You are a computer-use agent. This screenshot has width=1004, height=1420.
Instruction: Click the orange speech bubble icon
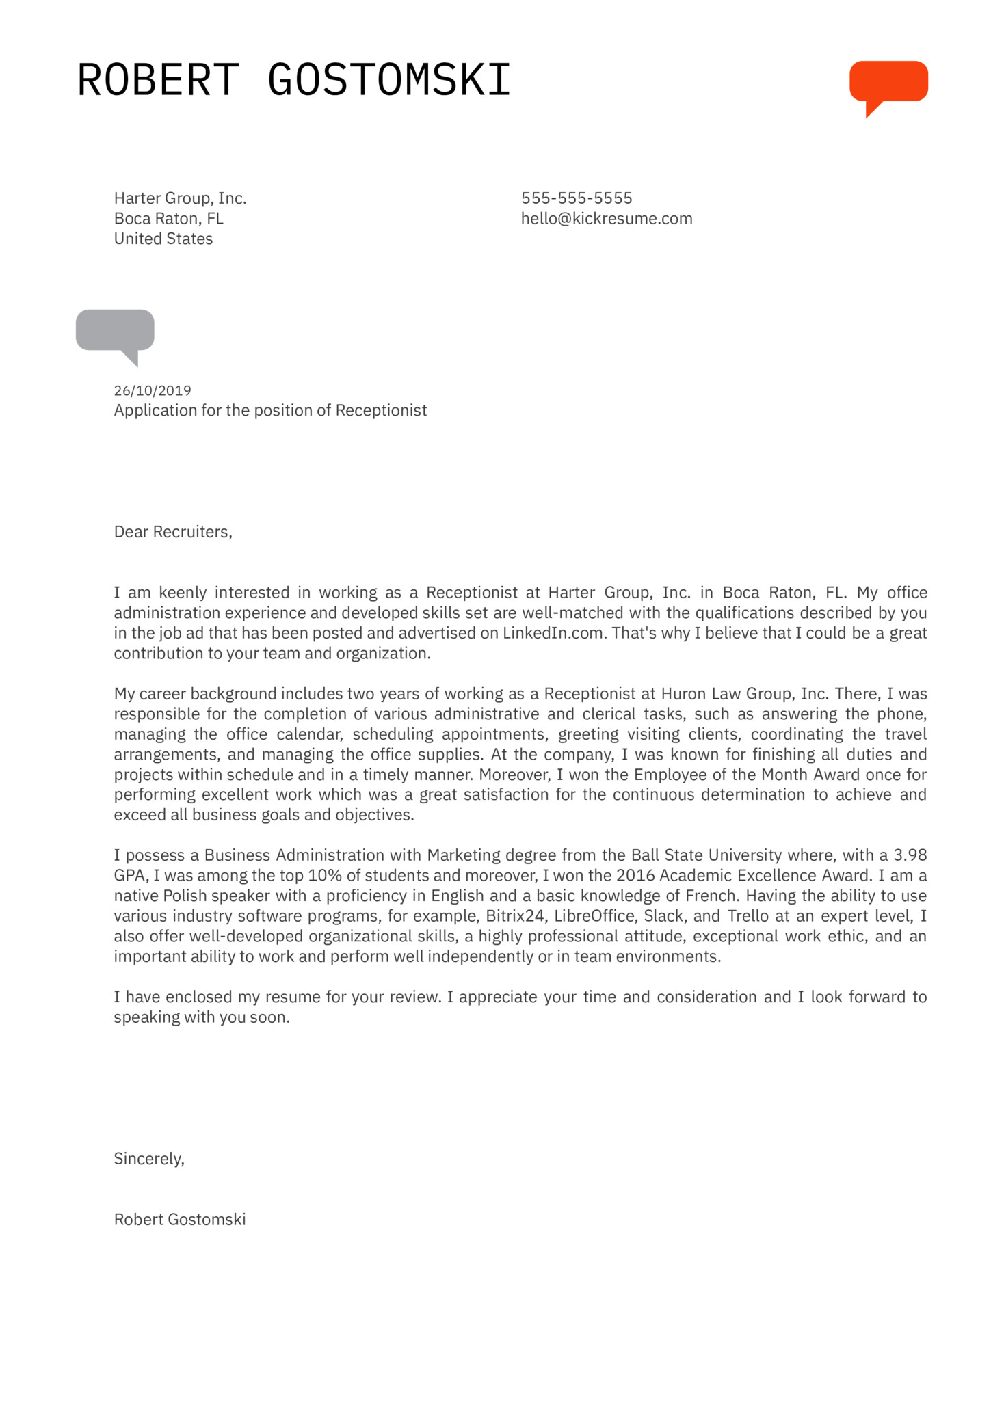888,82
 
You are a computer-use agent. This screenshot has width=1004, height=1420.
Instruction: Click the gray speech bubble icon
115,331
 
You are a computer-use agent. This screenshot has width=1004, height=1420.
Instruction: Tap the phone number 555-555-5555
577,198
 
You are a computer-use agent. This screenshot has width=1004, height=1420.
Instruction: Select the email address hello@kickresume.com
607,219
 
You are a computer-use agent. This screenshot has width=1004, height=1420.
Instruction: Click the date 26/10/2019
153,390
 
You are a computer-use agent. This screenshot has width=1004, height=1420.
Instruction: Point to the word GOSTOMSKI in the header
388,80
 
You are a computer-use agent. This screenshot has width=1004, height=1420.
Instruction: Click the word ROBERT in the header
158,80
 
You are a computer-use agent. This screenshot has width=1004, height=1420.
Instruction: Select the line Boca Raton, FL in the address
168,219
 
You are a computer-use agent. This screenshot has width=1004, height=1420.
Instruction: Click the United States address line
163,239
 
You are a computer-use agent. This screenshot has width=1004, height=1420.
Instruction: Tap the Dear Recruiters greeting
173,532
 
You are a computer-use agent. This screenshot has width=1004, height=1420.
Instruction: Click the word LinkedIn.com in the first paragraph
554,633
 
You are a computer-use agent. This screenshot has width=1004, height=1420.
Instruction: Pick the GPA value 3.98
910,855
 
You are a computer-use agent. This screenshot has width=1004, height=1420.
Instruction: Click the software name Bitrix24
515,916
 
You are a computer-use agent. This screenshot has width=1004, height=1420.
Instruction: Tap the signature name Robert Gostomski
180,1220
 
